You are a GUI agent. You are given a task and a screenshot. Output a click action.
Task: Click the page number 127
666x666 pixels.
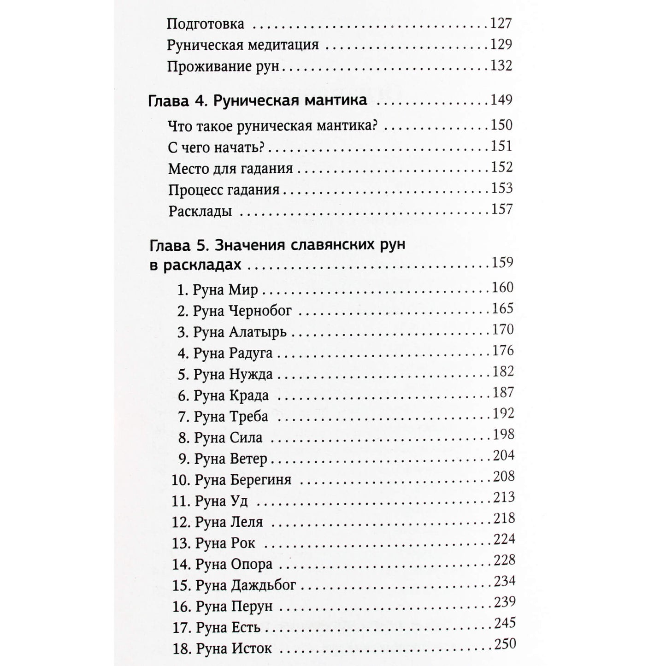point(500,24)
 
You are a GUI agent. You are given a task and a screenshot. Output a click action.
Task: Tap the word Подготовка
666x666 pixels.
point(206,24)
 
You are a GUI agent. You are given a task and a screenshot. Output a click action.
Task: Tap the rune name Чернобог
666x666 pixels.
point(260,311)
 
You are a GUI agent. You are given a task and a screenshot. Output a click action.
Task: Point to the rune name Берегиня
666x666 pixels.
point(260,480)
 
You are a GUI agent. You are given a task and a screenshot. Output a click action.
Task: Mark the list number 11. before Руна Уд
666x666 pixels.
point(181,501)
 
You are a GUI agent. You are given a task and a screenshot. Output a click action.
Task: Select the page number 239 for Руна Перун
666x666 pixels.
point(504,602)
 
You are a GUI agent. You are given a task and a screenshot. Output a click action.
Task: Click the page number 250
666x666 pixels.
point(505,644)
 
